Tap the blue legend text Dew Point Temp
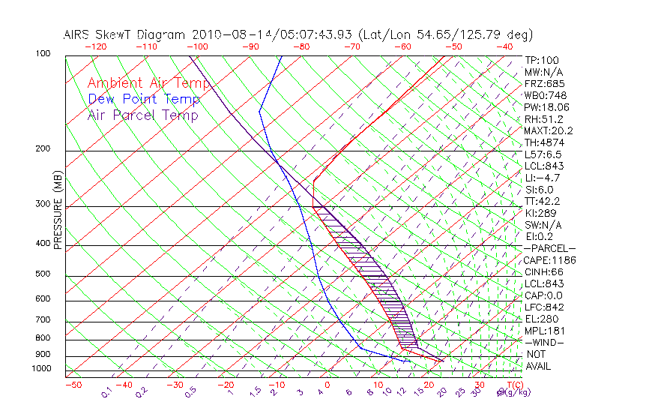pos(144,99)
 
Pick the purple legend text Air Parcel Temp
pos(143,115)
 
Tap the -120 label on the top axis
pos(95,46)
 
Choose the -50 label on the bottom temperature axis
pos(73,385)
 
